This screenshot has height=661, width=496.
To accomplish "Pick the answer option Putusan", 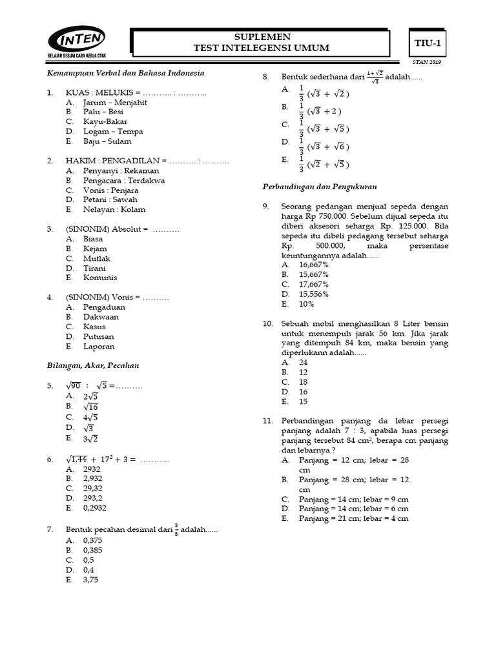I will (x=98, y=336).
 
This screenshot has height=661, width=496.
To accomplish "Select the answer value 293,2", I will (x=94, y=498).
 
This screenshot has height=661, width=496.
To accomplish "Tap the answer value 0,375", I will (x=94, y=540).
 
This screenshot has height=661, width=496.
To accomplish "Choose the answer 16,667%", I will (x=314, y=265).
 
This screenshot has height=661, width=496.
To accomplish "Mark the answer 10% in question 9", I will (x=307, y=303).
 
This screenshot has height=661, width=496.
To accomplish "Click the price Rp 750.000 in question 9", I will (x=329, y=216).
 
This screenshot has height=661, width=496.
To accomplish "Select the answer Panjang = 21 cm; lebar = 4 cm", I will (x=354, y=518).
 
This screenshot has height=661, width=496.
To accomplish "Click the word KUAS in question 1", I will (x=77, y=92).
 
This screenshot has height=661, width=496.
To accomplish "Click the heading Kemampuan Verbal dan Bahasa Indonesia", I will (x=126, y=73).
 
